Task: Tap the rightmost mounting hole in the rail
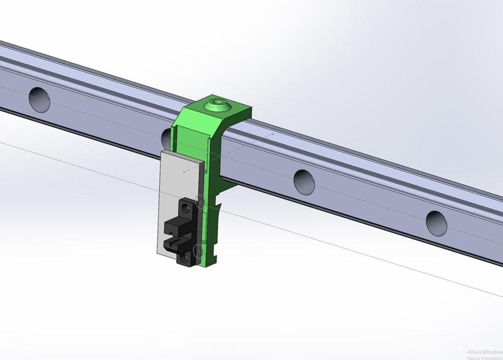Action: (436, 221)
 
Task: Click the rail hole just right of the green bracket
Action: (304, 180)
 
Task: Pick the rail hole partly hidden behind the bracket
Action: (167, 136)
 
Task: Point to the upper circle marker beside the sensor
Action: (201, 201)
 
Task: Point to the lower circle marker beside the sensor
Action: (200, 252)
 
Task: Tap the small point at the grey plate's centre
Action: (183, 170)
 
